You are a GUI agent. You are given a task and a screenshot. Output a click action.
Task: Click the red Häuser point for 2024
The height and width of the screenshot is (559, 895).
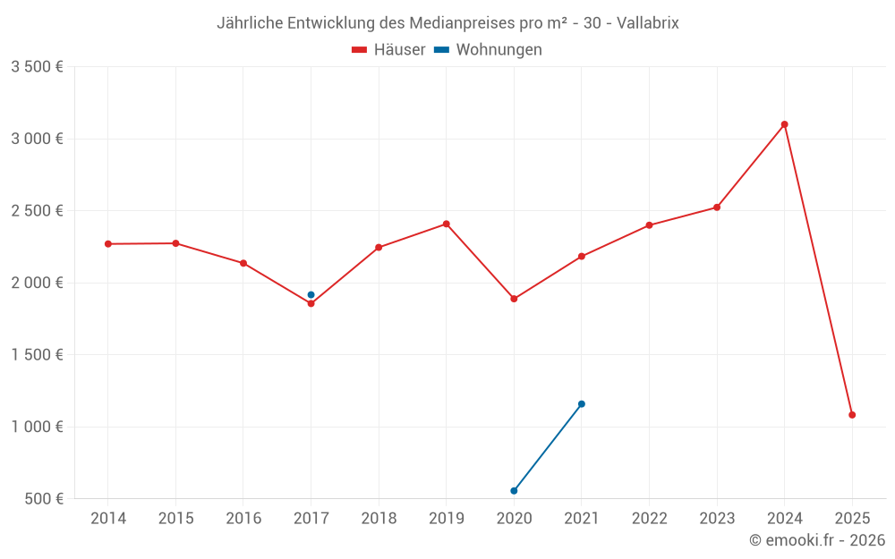pos(784,124)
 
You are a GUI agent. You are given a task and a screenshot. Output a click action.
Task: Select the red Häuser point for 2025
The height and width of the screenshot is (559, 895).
pos(852,415)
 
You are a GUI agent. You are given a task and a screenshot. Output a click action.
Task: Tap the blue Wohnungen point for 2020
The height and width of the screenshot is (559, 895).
pos(514,491)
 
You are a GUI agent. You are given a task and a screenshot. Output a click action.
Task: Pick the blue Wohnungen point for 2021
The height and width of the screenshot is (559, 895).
pos(582,404)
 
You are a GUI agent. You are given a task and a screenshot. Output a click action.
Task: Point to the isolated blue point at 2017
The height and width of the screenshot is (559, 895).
pos(311,294)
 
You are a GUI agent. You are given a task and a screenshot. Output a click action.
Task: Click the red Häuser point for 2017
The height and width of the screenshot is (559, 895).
pos(311,304)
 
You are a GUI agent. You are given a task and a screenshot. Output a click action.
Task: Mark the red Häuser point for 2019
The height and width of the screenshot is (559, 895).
pos(446,224)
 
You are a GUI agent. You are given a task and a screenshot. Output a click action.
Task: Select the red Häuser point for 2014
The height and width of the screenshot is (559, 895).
pos(107,244)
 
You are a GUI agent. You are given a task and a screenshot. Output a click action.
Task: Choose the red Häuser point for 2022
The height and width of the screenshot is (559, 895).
pos(649,225)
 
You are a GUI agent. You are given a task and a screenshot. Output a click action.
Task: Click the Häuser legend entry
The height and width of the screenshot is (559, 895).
pos(388,50)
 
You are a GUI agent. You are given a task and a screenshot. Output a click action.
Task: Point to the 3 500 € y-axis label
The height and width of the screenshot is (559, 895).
pos(37,67)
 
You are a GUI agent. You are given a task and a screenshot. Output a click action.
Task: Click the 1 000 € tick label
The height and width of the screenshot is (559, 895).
pos(37,428)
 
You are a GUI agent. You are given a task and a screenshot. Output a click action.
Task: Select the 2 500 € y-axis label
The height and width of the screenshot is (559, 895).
pos(37,211)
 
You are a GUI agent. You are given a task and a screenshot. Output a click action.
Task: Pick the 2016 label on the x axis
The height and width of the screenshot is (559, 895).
pos(243,519)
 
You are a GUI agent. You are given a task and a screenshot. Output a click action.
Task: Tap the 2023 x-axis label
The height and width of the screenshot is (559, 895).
pos(717,519)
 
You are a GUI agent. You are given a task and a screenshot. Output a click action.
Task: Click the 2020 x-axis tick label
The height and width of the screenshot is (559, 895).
pos(514,519)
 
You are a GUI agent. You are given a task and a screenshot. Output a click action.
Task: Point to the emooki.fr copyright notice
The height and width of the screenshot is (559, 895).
pos(816,540)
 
